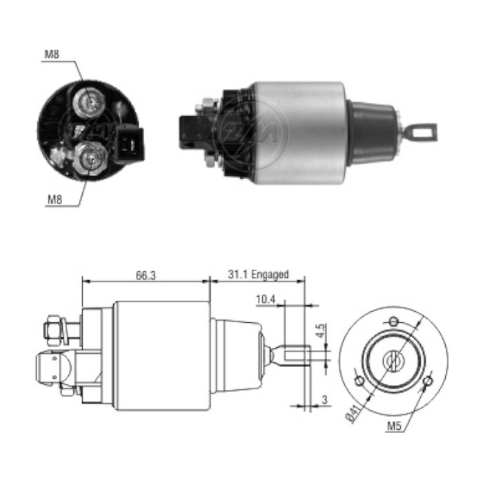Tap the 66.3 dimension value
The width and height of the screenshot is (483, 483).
[x=146, y=275]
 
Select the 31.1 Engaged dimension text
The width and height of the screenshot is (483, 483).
[x=257, y=275]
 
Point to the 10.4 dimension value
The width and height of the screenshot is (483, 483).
[x=266, y=299]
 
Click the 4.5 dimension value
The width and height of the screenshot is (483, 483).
[x=321, y=329]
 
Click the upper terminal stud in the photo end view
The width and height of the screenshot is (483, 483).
[x=89, y=102]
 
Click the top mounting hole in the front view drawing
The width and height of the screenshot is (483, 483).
[x=393, y=321]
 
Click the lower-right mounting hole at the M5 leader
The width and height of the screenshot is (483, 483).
[x=428, y=381]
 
